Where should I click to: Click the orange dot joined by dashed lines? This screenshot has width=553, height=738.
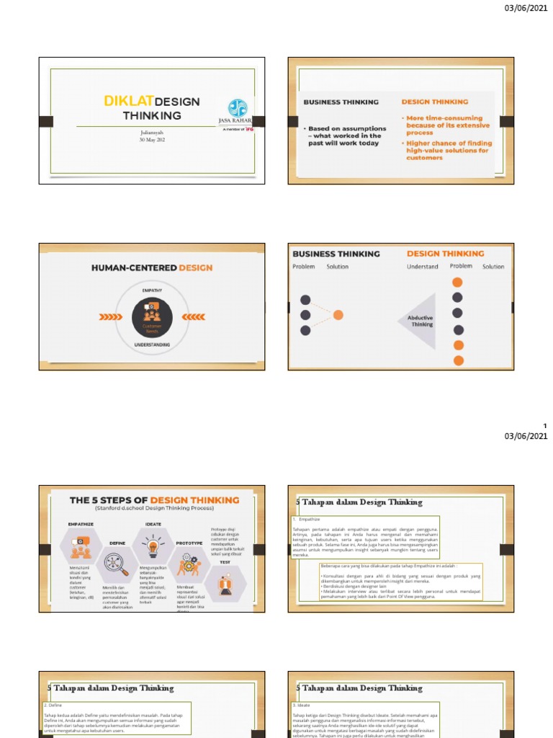338,315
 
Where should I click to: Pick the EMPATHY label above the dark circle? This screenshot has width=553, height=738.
152,290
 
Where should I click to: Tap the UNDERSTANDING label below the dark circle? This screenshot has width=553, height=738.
151,345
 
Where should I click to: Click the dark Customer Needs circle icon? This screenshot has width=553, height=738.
152,317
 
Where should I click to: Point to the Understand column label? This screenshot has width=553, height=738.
422,267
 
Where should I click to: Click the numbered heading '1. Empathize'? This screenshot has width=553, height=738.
305,519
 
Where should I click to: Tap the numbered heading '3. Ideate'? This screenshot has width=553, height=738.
302,705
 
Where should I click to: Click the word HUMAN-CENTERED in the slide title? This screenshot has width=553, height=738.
134,267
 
